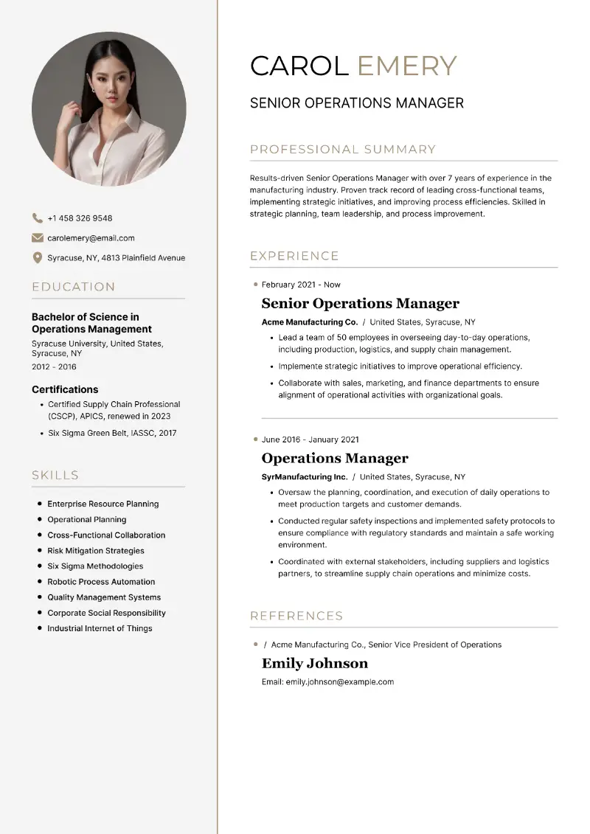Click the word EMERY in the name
[x=407, y=66]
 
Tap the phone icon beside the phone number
[x=38, y=218]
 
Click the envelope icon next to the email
[x=38, y=238]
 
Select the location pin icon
[x=38, y=258]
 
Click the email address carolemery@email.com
[x=91, y=238]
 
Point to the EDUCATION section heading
[x=74, y=287]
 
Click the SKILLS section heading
[x=55, y=476]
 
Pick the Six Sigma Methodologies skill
[x=95, y=566]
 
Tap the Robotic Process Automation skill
[x=101, y=582]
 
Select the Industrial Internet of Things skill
[x=100, y=628]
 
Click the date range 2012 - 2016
[x=54, y=366]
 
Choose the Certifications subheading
[x=65, y=389]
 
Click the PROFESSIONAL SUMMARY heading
[x=343, y=150]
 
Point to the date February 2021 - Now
[x=301, y=285]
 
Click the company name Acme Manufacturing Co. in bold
[x=310, y=322]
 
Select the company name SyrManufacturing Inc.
[x=305, y=477]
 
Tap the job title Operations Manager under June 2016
[x=335, y=459]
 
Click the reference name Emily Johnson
[x=315, y=663]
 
